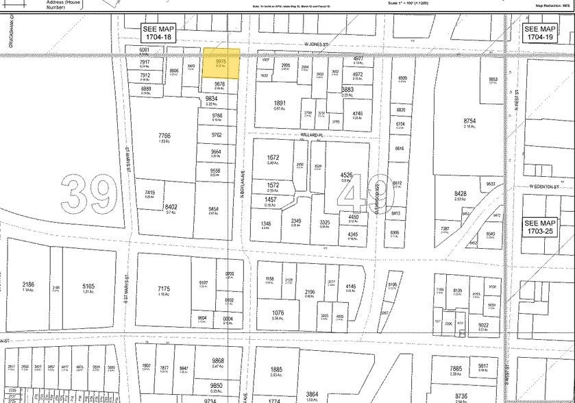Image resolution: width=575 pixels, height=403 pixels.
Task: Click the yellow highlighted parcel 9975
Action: click(x=221, y=64)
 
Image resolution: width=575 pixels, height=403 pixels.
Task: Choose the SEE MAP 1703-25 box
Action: click(x=541, y=228)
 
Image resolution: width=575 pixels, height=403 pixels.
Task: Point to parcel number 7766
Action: click(x=163, y=136)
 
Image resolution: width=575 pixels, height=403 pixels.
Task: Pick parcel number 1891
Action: click(x=279, y=103)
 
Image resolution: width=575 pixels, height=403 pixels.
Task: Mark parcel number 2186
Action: click(x=28, y=285)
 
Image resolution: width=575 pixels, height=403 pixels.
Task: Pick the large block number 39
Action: click(x=88, y=194)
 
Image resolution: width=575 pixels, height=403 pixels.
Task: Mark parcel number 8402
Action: click(x=171, y=207)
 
